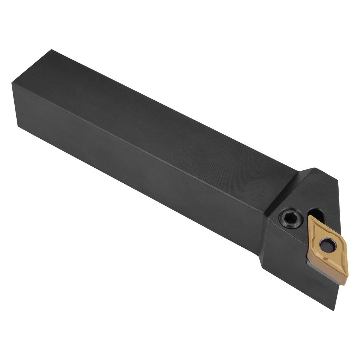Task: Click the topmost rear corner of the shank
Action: [51, 50]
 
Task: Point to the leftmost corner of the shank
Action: [12, 83]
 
